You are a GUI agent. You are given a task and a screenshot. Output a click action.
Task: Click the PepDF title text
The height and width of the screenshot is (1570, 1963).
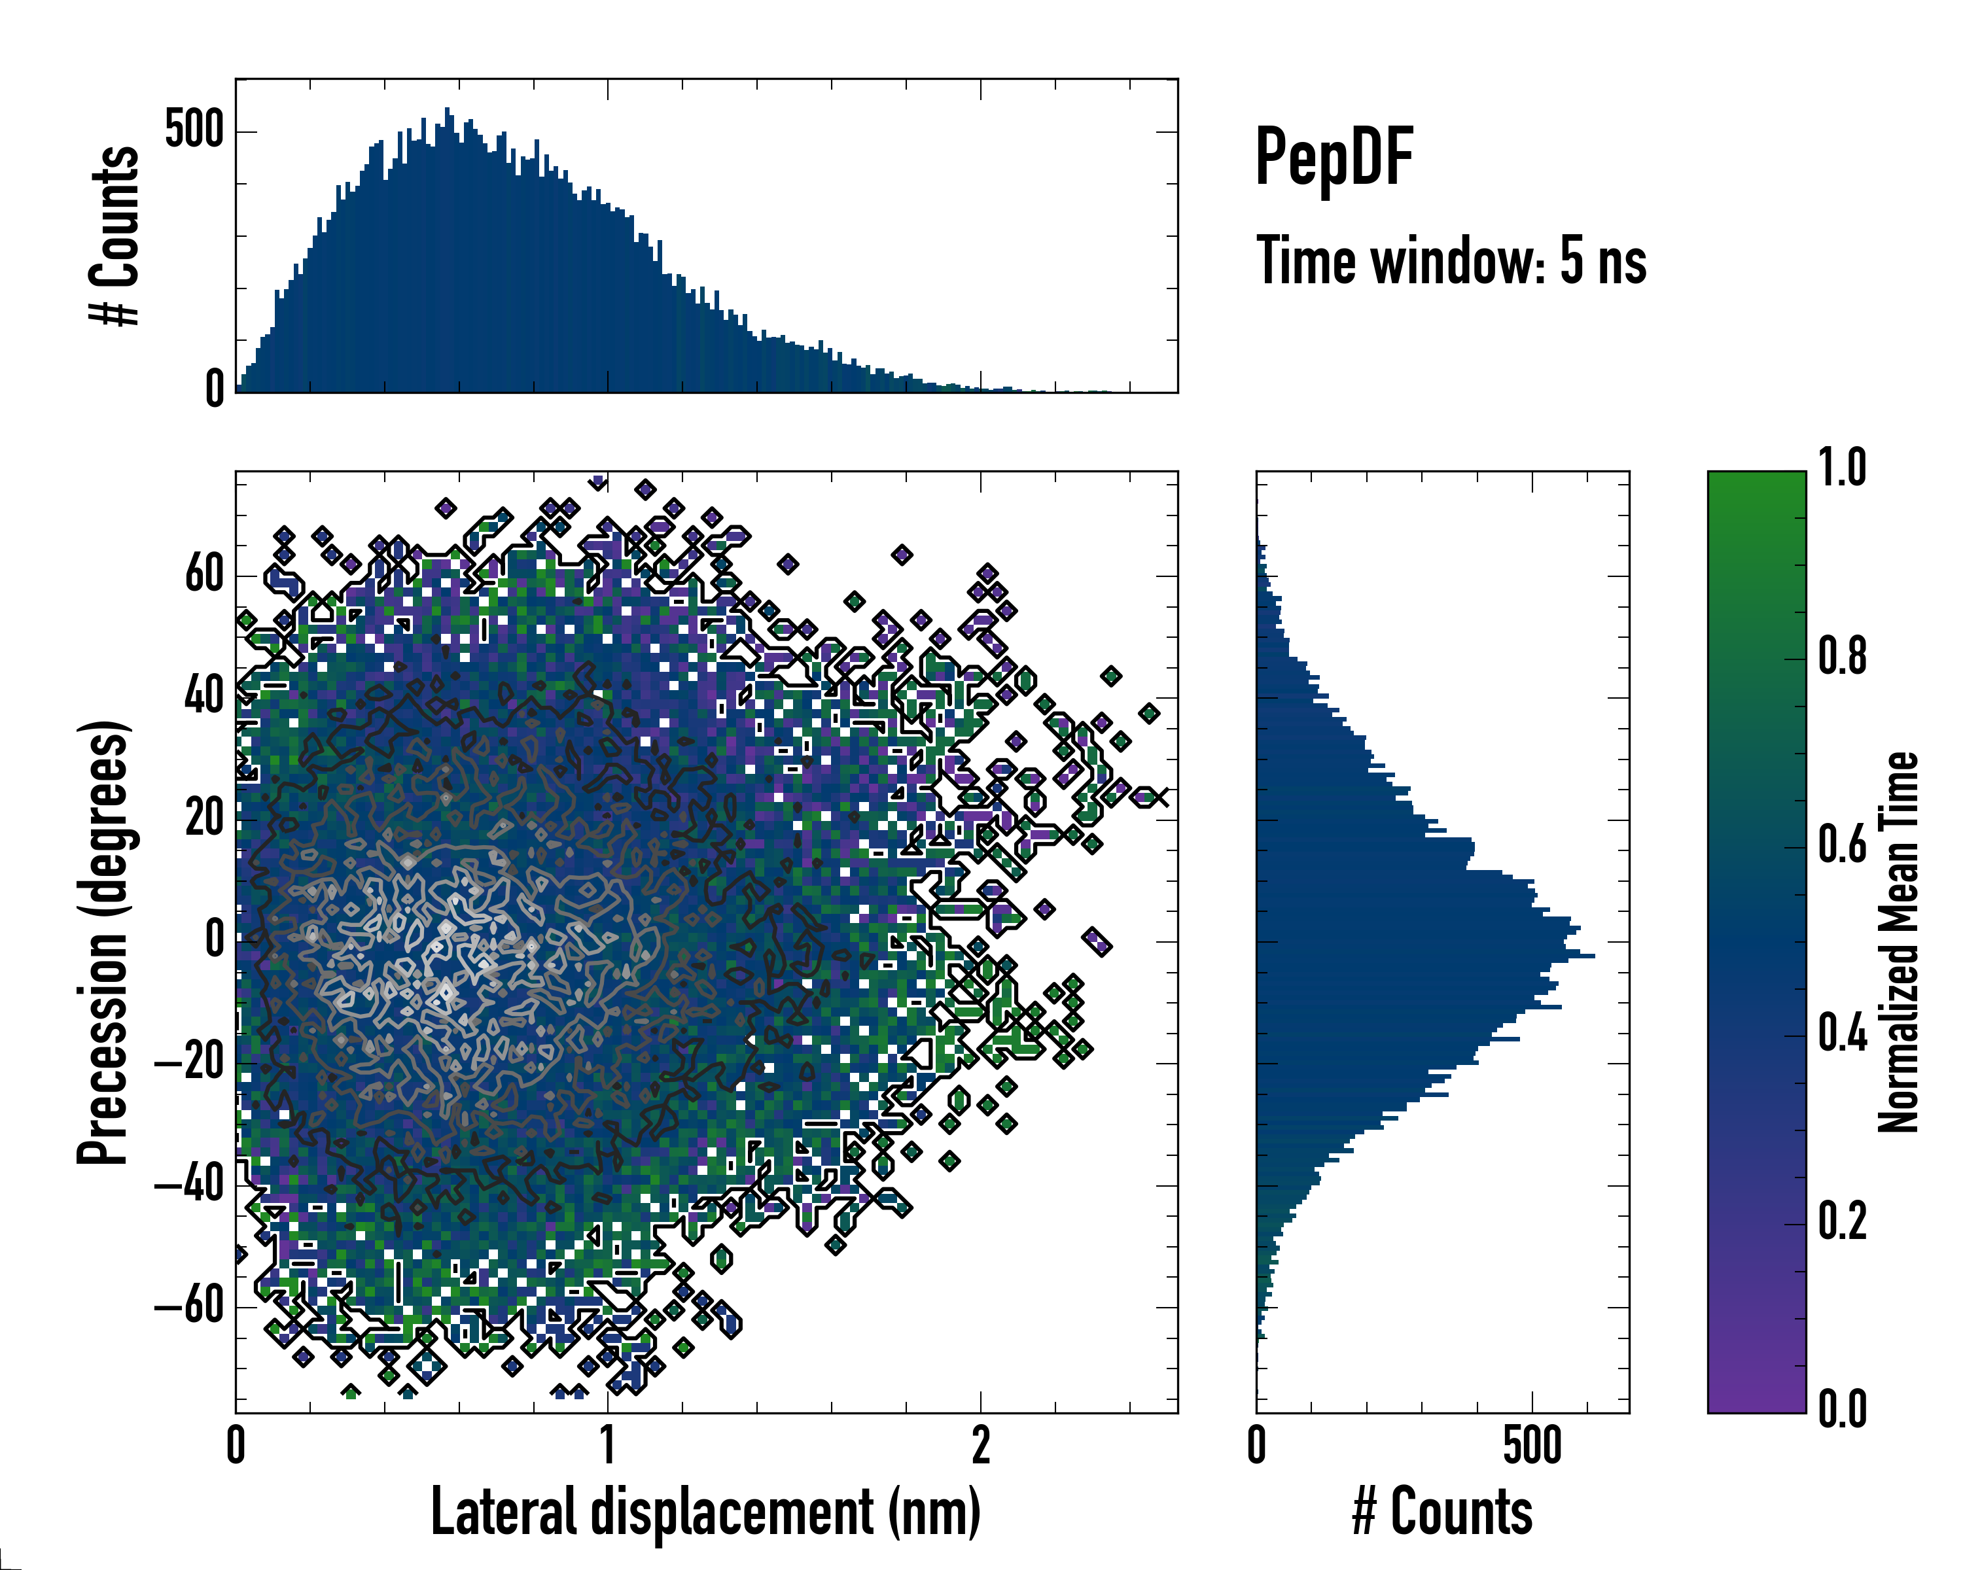1333,156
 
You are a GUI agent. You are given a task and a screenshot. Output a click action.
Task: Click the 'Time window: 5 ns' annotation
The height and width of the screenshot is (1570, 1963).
1451,261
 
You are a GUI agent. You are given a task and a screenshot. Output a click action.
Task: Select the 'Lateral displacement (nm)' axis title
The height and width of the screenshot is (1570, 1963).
705,1512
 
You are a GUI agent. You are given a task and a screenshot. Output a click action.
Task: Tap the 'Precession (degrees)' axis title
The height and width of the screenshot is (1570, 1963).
103,942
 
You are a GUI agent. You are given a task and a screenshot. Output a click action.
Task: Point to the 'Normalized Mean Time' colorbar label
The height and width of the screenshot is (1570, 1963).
1898,942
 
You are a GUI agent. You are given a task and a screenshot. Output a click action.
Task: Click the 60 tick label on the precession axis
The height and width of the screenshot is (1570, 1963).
204,575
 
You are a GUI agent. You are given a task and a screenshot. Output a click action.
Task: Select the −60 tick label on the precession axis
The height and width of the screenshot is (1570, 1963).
189,1307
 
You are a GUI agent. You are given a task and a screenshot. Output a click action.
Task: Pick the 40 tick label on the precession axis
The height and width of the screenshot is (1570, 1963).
204,697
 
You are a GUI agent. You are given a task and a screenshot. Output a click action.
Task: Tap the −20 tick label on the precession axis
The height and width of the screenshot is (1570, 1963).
189,1063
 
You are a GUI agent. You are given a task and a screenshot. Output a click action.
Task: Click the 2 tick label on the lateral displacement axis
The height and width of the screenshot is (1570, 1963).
981,1445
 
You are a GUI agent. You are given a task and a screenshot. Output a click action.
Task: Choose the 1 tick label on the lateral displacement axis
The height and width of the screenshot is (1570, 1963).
608,1445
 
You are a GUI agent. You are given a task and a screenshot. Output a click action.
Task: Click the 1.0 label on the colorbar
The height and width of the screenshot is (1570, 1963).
1842,468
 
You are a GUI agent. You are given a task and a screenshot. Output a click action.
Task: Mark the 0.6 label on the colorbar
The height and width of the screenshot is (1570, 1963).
1842,845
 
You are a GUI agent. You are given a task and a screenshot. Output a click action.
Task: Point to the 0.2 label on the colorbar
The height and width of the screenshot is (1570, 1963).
1842,1221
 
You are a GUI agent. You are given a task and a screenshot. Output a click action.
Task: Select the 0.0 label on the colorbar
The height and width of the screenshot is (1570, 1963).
1842,1410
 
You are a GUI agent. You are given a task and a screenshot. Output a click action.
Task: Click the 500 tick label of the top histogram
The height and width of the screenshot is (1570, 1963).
194,130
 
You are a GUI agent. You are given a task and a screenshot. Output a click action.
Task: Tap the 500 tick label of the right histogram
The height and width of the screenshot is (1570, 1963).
1532,1445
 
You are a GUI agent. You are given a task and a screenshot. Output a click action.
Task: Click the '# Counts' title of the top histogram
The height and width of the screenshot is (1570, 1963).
116,235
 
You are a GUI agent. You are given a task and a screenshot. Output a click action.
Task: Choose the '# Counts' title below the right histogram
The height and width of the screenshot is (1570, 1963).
1442,1512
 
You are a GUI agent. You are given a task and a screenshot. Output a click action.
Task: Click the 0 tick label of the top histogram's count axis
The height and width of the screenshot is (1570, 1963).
215,391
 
